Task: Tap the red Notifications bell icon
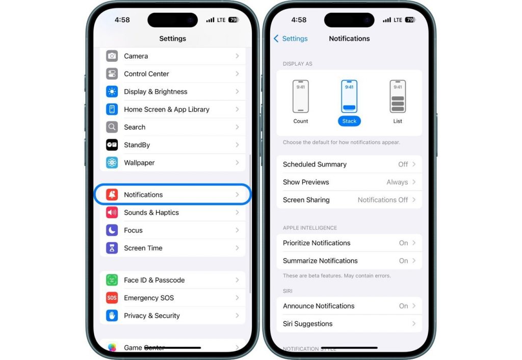(x=112, y=195)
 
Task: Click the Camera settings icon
(x=112, y=56)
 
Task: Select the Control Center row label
(x=146, y=74)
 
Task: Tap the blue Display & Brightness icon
(x=112, y=92)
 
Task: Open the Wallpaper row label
(x=139, y=163)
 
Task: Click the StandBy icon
(x=112, y=145)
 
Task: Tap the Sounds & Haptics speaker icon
(x=112, y=213)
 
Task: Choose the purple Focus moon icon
(x=112, y=230)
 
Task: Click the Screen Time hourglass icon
(x=112, y=248)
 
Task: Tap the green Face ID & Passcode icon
(x=112, y=280)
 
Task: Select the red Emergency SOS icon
(x=112, y=298)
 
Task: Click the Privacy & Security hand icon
(x=112, y=316)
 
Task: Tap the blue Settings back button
(x=291, y=39)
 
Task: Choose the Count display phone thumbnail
(x=301, y=96)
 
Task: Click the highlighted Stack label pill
(x=349, y=121)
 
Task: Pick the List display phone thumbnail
(x=398, y=96)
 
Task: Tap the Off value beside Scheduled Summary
(x=403, y=164)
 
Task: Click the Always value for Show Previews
(x=397, y=182)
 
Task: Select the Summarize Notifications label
(x=320, y=261)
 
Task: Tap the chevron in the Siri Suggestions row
(x=414, y=324)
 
